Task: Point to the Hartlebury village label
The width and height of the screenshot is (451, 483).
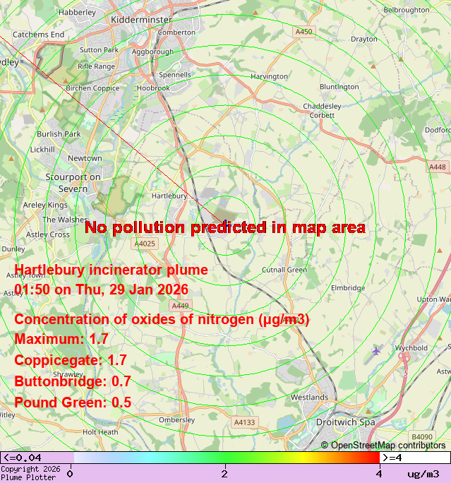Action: [169, 196]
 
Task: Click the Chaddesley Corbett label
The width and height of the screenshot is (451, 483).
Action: [323, 110]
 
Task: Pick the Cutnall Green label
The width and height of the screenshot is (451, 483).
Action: [284, 270]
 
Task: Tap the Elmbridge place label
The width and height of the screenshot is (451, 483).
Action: [348, 287]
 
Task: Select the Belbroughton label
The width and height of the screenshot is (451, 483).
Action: [406, 10]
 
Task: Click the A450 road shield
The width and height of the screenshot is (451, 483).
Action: [304, 32]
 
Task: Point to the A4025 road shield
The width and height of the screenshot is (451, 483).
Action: [144, 244]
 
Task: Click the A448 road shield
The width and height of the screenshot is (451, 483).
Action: [438, 167]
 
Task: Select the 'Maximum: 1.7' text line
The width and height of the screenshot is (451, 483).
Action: [61, 339]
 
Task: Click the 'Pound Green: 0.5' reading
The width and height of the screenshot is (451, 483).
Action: [73, 402]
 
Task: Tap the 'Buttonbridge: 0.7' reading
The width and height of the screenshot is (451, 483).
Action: [73, 381]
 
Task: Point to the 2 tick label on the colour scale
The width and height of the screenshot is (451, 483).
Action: [224, 473]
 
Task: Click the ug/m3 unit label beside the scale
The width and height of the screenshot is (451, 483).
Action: [423, 473]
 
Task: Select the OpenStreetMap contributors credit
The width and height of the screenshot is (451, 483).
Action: [383, 445]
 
